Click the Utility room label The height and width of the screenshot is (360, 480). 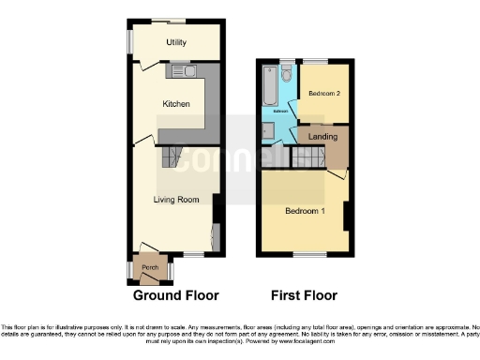pyautogui.click(x=175, y=43)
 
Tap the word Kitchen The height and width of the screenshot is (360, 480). pyautogui.click(x=176, y=104)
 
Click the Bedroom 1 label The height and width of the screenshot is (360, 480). pyautogui.click(x=306, y=211)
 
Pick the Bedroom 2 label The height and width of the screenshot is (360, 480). pyautogui.click(x=323, y=94)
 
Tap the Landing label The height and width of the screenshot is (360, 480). pyautogui.click(x=322, y=137)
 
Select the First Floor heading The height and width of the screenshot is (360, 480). pyautogui.click(x=304, y=296)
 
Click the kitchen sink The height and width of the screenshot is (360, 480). pyautogui.click(x=180, y=70)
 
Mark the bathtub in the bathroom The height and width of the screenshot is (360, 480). pyautogui.click(x=270, y=92)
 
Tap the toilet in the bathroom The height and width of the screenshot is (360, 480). pyautogui.click(x=287, y=72)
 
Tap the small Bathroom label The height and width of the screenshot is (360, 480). pyautogui.click(x=280, y=111)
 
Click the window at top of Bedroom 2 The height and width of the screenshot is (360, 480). pyautogui.click(x=324, y=62)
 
